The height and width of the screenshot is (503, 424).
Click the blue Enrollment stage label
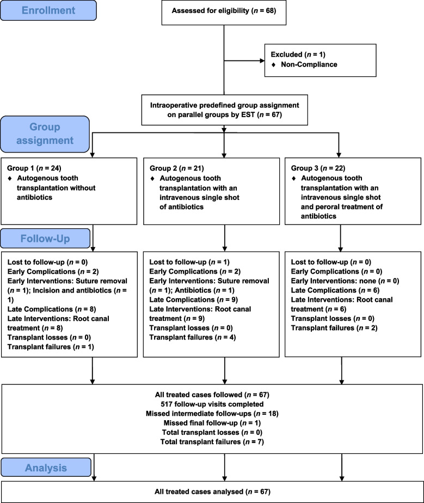click(x=48, y=10)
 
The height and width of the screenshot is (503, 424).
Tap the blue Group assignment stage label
click(x=45, y=134)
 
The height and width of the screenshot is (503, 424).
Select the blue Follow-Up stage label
click(x=45, y=238)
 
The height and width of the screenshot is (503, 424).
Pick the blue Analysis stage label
click(x=46, y=468)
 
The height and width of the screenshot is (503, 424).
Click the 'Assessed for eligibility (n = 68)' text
click(x=224, y=10)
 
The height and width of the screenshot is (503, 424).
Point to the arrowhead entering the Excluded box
click(x=262, y=60)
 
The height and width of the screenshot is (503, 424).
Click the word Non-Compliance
click(x=309, y=64)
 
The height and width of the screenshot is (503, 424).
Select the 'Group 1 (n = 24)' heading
click(x=34, y=168)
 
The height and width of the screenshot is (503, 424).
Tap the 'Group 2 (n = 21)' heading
click(x=176, y=168)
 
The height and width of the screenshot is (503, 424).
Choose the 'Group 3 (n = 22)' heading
click(x=318, y=168)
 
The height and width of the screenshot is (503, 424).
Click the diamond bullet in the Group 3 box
click(x=294, y=178)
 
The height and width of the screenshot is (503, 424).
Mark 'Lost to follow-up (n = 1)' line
click(x=189, y=262)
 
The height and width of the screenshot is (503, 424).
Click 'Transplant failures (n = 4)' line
click(x=193, y=337)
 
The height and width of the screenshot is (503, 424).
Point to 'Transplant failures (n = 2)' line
click(x=334, y=328)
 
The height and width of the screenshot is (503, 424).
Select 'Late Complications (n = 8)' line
click(x=52, y=309)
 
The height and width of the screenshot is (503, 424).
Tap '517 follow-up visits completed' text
click(x=212, y=404)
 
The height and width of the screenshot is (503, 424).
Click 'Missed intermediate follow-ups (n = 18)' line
click(x=212, y=414)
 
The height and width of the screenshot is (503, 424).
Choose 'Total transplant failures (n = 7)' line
click(x=212, y=442)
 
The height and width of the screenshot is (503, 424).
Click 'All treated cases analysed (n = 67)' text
click(x=212, y=492)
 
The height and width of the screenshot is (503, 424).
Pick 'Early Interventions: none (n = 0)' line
click(x=345, y=281)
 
